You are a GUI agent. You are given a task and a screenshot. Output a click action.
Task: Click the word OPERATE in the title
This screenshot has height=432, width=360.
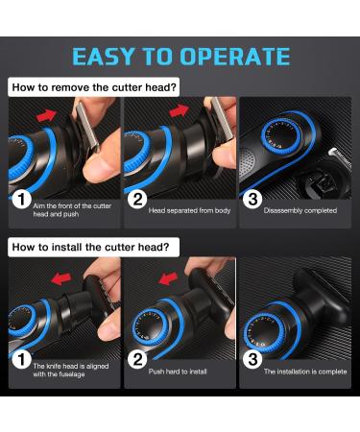click(235, 57)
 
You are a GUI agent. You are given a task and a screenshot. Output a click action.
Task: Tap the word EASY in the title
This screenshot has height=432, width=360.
click(103, 57)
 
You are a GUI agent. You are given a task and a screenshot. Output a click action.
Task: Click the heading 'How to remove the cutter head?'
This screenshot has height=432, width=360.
click(94, 87)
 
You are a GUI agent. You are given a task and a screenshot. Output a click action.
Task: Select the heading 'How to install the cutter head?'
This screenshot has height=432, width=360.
click(90, 247)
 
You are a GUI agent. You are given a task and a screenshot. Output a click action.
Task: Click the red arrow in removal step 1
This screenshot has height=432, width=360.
click(47, 115)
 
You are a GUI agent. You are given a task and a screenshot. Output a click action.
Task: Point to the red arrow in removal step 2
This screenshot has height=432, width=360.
click(180, 110)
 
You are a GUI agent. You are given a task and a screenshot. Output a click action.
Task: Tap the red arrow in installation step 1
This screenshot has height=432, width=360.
click(61, 278)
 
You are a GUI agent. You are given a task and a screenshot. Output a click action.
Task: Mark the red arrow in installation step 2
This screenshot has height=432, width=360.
click(168, 278)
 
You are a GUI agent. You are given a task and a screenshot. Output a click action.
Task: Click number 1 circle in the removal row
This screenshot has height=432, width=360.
click(21, 199)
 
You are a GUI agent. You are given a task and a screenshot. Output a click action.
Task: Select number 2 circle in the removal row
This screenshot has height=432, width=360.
click(137, 199)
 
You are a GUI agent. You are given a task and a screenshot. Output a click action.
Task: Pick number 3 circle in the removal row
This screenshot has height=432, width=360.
click(252, 199)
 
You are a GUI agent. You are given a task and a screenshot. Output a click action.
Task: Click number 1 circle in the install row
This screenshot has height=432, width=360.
click(21, 359)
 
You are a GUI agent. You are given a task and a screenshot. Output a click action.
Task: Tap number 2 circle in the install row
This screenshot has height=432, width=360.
click(137, 359)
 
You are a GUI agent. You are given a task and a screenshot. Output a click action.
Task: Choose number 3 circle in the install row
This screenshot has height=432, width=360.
click(252, 359)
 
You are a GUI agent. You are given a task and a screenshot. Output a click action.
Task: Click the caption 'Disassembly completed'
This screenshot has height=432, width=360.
click(300, 210)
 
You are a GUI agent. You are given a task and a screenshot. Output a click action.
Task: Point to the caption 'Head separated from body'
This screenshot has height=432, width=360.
click(189, 210)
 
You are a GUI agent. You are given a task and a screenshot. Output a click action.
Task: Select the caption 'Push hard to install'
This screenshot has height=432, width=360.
click(178, 372)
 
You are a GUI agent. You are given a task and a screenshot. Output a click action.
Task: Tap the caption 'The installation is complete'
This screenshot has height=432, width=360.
click(305, 372)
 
